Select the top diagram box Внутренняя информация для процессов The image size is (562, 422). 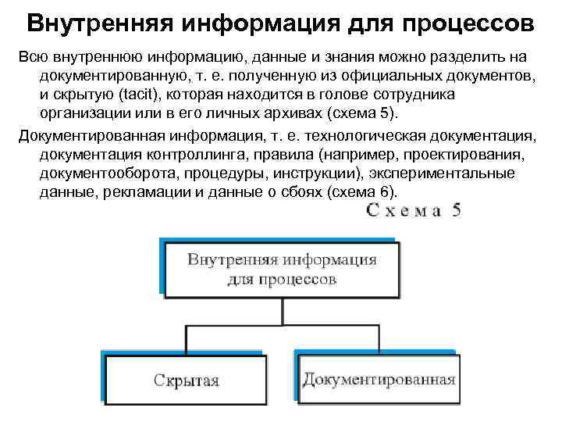point(282,269)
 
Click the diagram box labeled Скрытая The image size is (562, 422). point(186,381)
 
